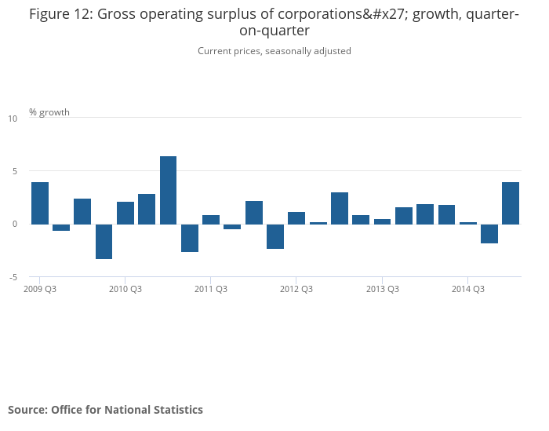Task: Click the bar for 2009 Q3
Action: [40, 203]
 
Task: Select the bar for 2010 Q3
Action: [125, 213]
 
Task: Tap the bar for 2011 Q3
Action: [211, 220]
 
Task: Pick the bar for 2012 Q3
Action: [296, 218]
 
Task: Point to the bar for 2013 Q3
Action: [382, 221]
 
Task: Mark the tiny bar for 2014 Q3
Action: [467, 223]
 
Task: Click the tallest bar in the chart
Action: [168, 190]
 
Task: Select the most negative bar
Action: [104, 241]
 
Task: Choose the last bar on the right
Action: [511, 203]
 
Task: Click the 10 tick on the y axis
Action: [13, 119]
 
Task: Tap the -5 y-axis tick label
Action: [13, 277]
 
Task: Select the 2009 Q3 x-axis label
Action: [40, 289]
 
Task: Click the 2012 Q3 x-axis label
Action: [296, 289]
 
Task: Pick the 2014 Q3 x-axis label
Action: [467, 289]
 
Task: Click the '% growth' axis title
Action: [49, 112]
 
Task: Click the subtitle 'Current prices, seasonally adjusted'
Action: [274, 51]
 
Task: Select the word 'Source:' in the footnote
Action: [27, 410]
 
